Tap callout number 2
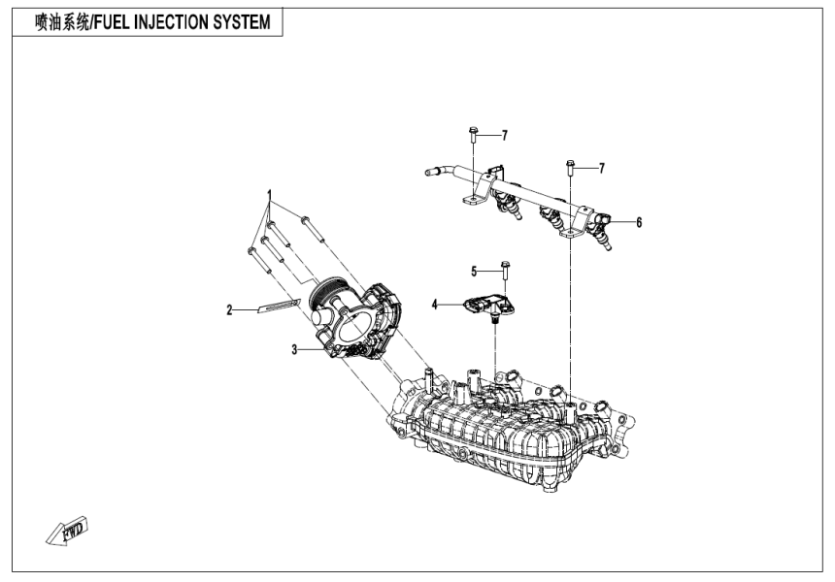point(230,310)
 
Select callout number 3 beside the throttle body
point(293,349)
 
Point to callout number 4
point(435,305)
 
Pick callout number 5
point(475,271)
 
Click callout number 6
point(639,222)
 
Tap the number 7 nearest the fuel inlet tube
point(504,134)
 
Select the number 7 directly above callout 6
point(601,168)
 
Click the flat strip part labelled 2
point(280,308)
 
